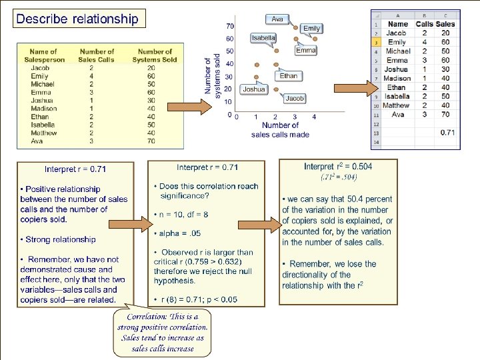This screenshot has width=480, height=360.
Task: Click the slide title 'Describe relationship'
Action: coord(77,19)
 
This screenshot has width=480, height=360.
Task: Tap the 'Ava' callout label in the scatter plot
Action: coord(277,19)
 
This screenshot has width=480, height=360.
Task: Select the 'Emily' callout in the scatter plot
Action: coord(311,29)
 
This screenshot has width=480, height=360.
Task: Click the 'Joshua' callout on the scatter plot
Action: coord(254,89)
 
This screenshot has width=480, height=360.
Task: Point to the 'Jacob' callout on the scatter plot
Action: coord(294,98)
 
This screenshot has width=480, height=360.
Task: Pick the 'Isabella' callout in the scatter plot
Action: coord(263,38)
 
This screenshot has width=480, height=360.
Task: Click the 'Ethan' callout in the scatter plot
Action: coord(289,76)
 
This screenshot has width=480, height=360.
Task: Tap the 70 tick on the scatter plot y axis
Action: coord(229,26)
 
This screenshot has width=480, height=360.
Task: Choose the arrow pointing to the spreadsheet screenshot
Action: coord(351,88)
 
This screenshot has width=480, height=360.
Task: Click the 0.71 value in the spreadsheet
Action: coord(447,133)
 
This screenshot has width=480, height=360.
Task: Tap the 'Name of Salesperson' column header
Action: coord(48,55)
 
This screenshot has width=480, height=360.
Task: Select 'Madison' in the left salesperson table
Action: coord(44,109)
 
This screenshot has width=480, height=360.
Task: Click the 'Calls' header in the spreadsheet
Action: coord(424,24)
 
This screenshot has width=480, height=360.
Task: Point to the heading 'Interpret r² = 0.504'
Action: coord(338,167)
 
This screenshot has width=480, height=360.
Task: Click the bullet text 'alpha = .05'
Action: coord(179,233)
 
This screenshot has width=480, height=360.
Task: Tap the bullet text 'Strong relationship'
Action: coord(60,239)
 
